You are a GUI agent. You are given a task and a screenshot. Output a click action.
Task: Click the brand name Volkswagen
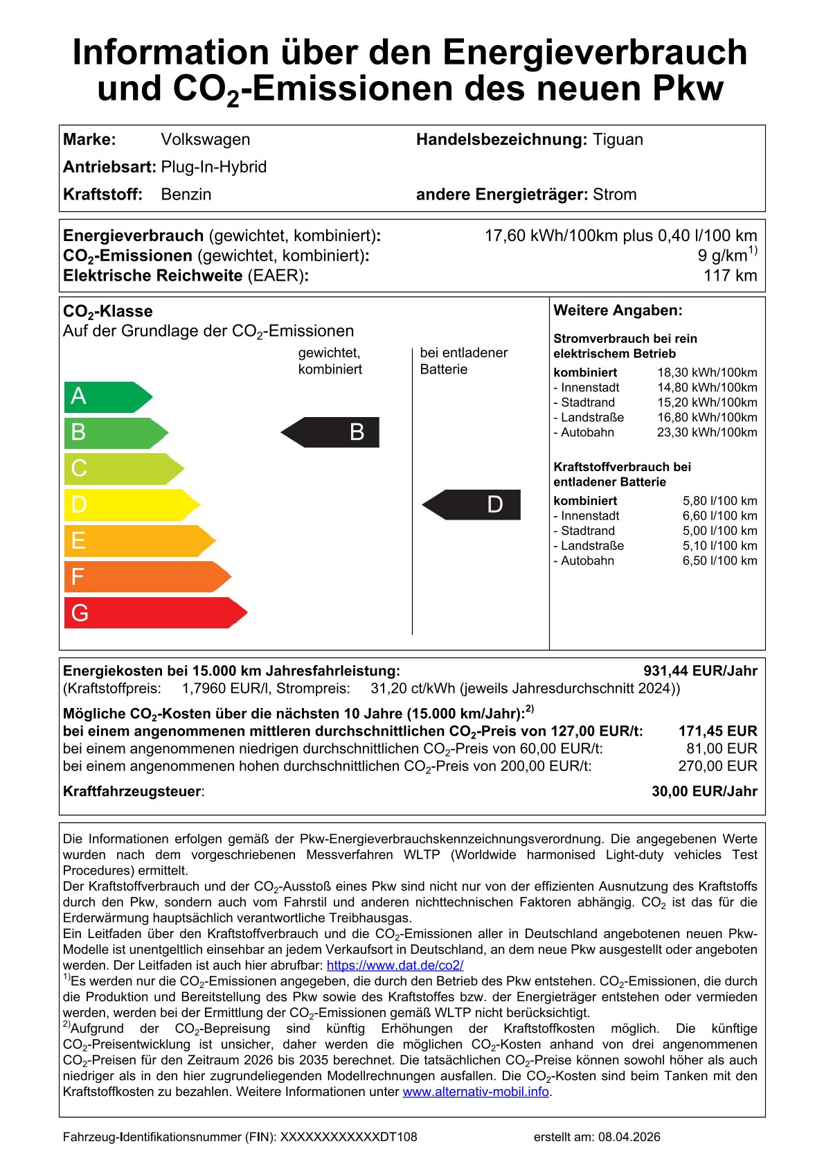click(206, 139)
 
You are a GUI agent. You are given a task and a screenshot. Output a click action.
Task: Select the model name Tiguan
click(618, 139)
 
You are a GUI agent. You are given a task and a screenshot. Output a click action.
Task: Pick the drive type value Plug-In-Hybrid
click(214, 167)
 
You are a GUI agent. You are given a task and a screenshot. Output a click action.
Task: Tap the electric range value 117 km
click(730, 276)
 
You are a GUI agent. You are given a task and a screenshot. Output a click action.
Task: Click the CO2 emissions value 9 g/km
click(724, 256)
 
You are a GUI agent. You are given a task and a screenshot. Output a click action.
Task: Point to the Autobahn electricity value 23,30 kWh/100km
click(707, 432)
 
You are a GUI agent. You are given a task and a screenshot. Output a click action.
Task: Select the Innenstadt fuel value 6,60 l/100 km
click(719, 515)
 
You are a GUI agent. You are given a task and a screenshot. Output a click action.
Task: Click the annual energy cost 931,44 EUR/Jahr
click(700, 671)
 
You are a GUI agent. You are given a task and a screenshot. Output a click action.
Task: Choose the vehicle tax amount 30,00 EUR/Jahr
click(704, 791)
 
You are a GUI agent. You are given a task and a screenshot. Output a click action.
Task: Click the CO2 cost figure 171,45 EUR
click(717, 731)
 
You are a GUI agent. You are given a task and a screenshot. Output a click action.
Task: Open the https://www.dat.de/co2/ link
click(395, 965)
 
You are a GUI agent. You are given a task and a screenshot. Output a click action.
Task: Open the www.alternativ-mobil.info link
click(476, 1092)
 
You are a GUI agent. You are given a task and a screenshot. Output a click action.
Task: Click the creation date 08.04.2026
click(629, 1137)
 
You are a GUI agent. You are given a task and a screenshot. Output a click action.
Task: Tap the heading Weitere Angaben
click(618, 310)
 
